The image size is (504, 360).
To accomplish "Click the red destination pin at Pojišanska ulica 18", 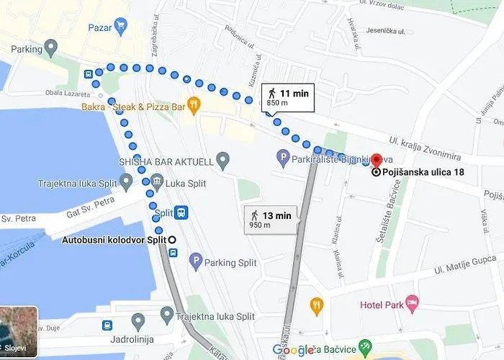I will tap(375, 161).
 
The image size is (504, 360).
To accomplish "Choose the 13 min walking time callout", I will tap(270, 219).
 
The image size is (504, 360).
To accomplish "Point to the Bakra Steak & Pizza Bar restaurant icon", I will tap(192, 104).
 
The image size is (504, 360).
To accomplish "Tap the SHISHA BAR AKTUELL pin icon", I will tap(222, 158).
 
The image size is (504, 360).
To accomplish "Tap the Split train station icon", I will tap(181, 212).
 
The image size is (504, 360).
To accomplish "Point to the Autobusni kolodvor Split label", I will tap(114, 239).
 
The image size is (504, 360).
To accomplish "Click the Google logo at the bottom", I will tap(292, 350).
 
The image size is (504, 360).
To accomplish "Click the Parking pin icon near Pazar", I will tap(50, 48).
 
